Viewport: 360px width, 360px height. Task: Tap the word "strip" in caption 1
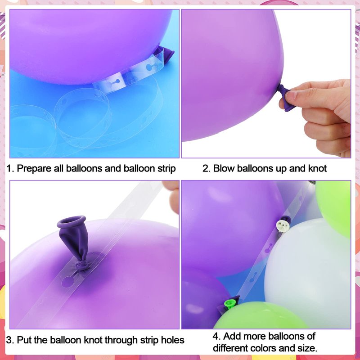pyautogui.click(x=166, y=169)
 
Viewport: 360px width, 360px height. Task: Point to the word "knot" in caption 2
pyautogui.click(x=317, y=168)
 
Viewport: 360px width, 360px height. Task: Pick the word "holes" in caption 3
pyautogui.click(x=173, y=340)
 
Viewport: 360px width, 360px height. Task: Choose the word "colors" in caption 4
pyautogui.click(x=263, y=348)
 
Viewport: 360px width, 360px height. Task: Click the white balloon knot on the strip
pyautogui.click(x=282, y=225)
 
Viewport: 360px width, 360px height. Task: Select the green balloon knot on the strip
pyautogui.click(x=230, y=303)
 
